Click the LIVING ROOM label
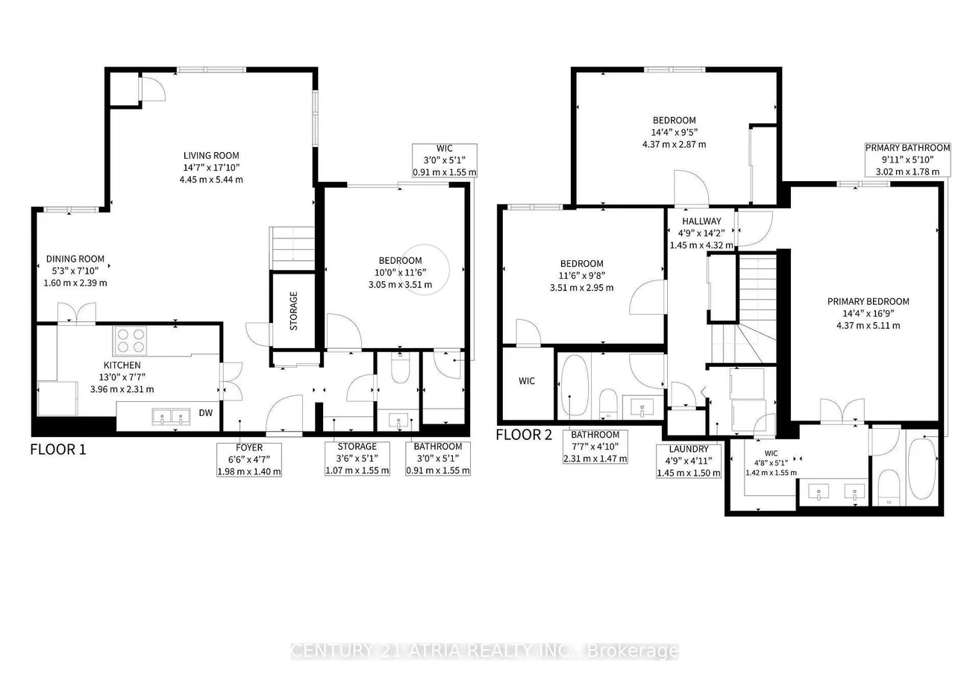click(x=211, y=155)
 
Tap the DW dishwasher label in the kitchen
click(x=206, y=413)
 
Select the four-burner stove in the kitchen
click(x=131, y=341)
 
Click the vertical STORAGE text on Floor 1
click(x=293, y=311)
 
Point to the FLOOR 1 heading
click(x=58, y=450)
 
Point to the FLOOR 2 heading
click(x=524, y=435)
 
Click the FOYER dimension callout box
click(x=249, y=459)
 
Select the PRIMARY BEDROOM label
click(x=869, y=302)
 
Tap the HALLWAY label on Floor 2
click(x=701, y=221)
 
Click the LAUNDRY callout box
click(x=689, y=462)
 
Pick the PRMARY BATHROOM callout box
click(x=907, y=160)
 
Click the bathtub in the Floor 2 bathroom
click(x=575, y=386)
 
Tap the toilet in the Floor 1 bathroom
click(x=400, y=368)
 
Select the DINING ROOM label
click(x=75, y=259)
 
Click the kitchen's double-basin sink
click(x=171, y=416)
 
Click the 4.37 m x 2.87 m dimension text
click(x=675, y=144)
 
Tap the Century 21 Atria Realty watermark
click(x=484, y=650)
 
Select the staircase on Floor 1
click(x=292, y=248)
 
